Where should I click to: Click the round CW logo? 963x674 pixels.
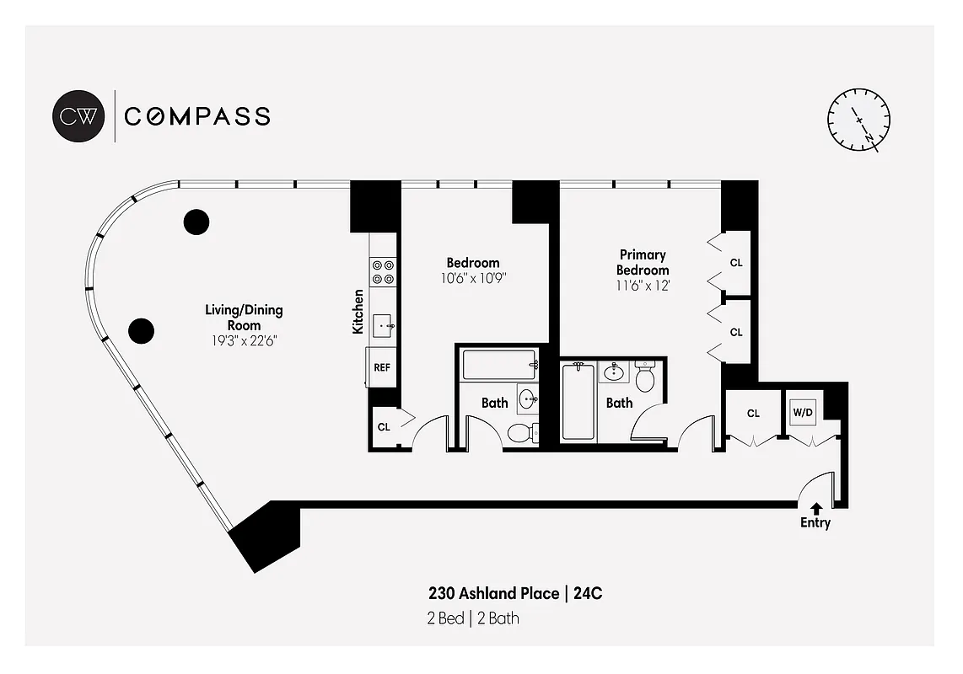pos(79,115)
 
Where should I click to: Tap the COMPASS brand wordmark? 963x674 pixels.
pos(197,116)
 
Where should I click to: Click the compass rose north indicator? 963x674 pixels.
pos(859,120)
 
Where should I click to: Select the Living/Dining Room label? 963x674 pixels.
pos(244,318)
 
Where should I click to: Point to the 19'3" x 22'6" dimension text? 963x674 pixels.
pos(244,341)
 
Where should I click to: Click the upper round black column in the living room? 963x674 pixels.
pos(196,222)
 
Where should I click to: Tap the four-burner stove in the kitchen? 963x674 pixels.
pos(383,270)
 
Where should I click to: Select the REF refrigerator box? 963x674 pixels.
pos(382,368)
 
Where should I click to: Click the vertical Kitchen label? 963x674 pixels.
pos(358,311)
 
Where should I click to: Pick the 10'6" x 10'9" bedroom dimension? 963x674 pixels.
pos(472,278)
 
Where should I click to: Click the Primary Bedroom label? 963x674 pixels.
pos(643,262)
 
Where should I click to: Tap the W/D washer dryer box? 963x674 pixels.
pos(802,413)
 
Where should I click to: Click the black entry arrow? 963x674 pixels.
pos(815,508)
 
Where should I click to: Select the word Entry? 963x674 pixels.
pos(815,523)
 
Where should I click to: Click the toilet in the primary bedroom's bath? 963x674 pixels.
pos(645,377)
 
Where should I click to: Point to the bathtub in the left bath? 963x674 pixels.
pos(499,365)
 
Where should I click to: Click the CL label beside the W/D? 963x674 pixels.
pos(753,414)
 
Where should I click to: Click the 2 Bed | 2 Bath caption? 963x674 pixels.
pos(472,619)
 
